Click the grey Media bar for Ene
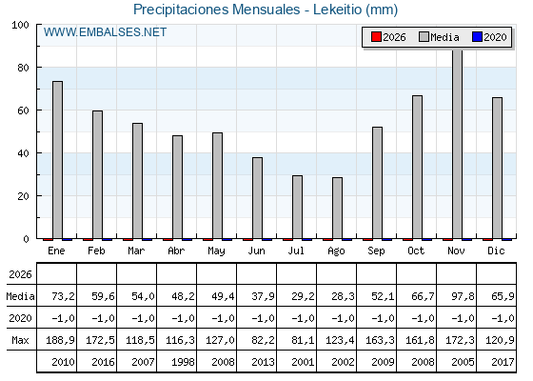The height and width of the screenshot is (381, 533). click(x=57, y=160)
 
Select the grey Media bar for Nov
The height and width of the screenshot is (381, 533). click(x=457, y=144)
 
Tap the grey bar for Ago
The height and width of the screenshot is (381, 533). click(x=337, y=208)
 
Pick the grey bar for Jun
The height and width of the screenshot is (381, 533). click(x=257, y=198)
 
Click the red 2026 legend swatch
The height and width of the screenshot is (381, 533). click(x=376, y=37)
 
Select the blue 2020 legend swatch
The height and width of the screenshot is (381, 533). click(x=477, y=37)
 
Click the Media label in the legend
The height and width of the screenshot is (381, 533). click(x=444, y=37)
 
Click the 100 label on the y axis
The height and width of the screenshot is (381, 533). click(x=20, y=25)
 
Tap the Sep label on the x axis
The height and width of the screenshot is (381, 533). click(x=376, y=251)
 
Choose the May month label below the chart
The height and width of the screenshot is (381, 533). click(x=216, y=251)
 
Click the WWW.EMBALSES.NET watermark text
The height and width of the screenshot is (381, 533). click(x=105, y=32)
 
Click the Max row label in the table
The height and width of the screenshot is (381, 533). click(x=20, y=340)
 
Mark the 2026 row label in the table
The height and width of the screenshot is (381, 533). click(x=20, y=274)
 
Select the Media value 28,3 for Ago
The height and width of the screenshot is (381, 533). click(x=343, y=296)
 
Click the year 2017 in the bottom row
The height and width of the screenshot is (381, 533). click(x=503, y=362)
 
